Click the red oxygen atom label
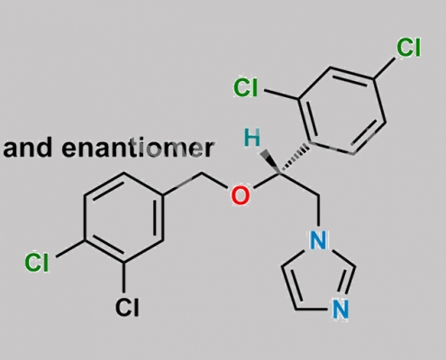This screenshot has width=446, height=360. pyautogui.click(x=241, y=195)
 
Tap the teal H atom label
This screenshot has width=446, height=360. pyautogui.click(x=252, y=138)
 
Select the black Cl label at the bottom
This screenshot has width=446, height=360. pyautogui.click(x=127, y=307)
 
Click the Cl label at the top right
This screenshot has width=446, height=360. pyautogui.click(x=408, y=48)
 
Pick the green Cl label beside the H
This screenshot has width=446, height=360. pyautogui.click(x=246, y=87)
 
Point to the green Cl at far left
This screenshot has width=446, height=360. pyautogui.click(x=37, y=262)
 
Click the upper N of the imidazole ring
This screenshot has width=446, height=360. pyautogui.click(x=318, y=240)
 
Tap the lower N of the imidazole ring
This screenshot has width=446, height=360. pyautogui.click(x=341, y=310)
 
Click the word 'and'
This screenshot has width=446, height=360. pyautogui.click(x=28, y=148)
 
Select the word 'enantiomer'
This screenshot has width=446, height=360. pyautogui.click(x=138, y=148)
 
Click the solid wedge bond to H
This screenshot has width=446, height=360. pyautogui.click(x=269, y=162)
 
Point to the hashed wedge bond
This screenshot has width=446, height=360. pyautogui.click(x=295, y=158)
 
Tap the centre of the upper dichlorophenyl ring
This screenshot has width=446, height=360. pyautogui.click(x=341, y=111)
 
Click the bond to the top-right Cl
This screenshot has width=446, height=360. pyautogui.click(x=385, y=68)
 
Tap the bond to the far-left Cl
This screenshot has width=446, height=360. pyautogui.click(x=70, y=248)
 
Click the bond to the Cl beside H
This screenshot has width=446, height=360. pyautogui.click(x=281, y=94)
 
